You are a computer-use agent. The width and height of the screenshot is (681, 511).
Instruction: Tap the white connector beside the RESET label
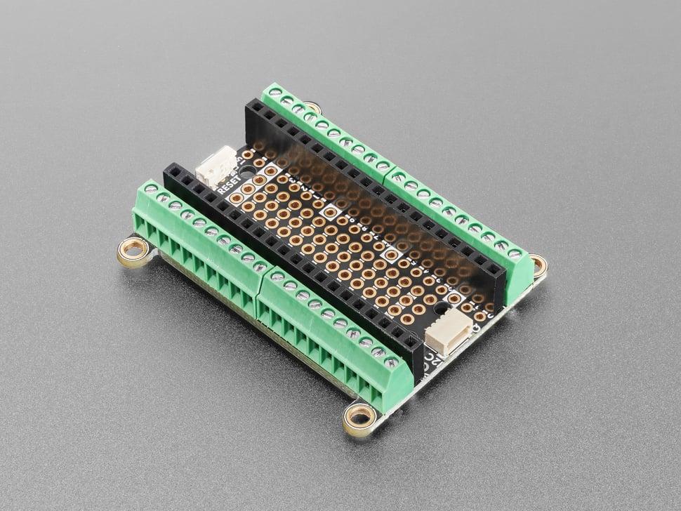coord(216,166)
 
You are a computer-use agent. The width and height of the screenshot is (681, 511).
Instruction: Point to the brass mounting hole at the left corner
coord(133,248)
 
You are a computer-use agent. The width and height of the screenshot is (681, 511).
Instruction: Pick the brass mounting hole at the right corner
coord(538,265)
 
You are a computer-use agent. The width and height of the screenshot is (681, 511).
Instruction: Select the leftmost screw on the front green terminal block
coord(150,190)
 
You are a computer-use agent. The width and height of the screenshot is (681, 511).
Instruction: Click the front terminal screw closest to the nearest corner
coord(391,363)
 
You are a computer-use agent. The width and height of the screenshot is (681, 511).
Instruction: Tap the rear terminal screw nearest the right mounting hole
coord(515,253)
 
